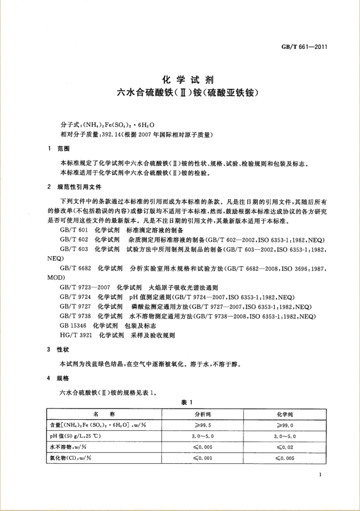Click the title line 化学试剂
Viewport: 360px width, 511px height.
tap(180, 80)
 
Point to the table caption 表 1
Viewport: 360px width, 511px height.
tap(180, 402)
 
